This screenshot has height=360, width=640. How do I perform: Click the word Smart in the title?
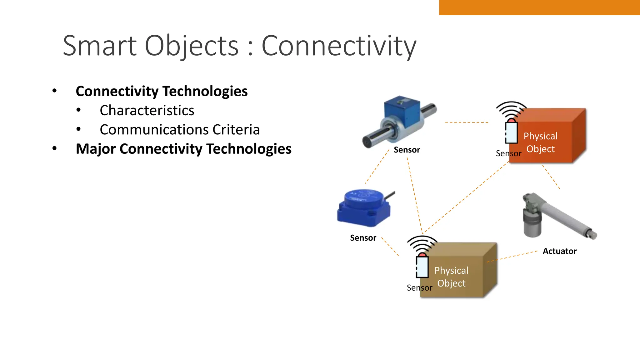tap(100, 46)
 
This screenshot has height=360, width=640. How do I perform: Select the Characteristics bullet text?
tap(147, 111)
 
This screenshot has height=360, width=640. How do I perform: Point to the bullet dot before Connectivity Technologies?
tap(55, 91)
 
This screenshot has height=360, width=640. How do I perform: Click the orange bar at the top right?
tap(539, 7)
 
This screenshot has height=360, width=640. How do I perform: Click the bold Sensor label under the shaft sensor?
tap(407, 150)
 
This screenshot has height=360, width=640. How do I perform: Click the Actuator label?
tap(559, 251)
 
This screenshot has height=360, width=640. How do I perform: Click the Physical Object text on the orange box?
tap(540, 142)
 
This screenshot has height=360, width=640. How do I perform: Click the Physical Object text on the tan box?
tap(451, 277)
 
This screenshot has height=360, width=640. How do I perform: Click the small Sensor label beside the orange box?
tap(508, 154)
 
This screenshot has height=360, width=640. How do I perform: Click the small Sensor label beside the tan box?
tap(419, 288)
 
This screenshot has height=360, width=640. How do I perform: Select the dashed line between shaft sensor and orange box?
tap(466, 122)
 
